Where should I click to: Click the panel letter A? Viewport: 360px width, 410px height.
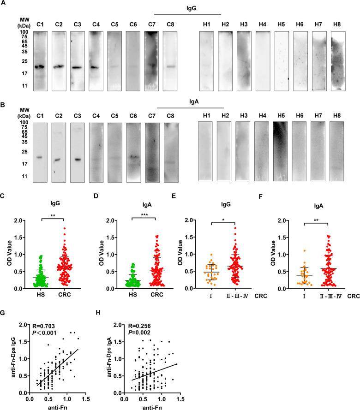(x=4, y=3)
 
